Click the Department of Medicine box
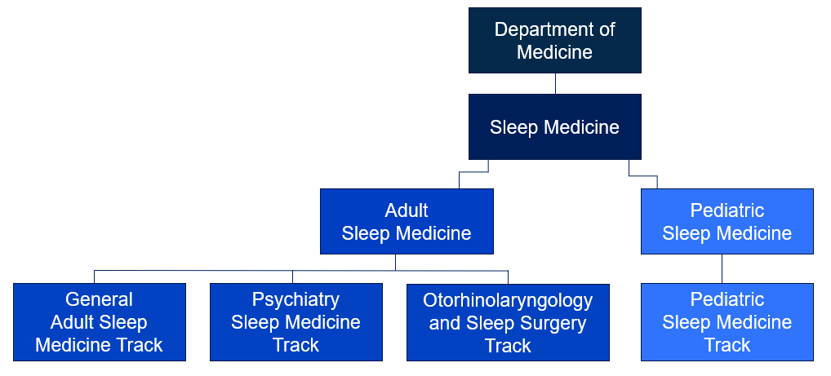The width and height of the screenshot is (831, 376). [555, 40]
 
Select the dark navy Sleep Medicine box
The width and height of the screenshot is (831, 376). [555, 127]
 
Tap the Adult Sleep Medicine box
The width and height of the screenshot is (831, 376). [407, 221]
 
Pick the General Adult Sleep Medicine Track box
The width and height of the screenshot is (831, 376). [100, 322]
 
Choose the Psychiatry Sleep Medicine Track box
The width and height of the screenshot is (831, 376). [296, 322]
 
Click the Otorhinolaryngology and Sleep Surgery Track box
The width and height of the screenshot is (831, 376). [508, 322]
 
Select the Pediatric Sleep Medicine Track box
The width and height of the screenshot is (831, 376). [727, 322]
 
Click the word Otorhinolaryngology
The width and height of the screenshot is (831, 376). [508, 300]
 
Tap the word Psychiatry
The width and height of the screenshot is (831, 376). [296, 300]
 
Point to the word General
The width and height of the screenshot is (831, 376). [99, 299]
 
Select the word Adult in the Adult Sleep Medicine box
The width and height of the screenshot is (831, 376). [407, 210]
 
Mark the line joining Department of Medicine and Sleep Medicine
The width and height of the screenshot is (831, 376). [555, 84]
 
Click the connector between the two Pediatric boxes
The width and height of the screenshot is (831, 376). [722, 269]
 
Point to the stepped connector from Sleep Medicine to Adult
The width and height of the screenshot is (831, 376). [473, 172]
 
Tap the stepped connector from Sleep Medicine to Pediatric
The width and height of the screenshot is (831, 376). [643, 175]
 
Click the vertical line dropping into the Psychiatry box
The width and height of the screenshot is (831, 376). [292, 277]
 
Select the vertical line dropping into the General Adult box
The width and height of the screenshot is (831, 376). [95, 277]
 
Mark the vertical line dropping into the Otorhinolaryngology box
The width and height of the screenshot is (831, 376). [509, 277]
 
